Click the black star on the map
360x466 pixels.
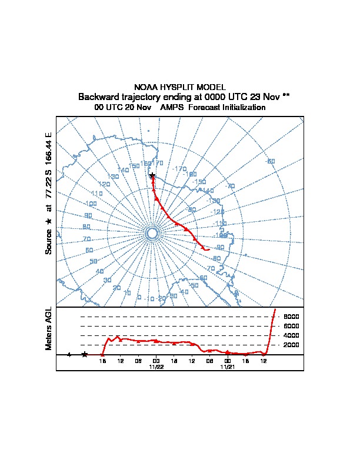[x=152, y=175]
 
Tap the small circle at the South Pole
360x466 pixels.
[x=152, y=234]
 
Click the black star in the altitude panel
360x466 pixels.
[x=85, y=354]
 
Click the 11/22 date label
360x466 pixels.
[x=156, y=367]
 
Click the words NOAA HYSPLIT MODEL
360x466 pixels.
[x=180, y=87]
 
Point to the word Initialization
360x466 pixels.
[x=241, y=108]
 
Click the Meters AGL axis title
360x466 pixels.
[x=49, y=329]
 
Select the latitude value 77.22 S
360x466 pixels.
[x=49, y=188]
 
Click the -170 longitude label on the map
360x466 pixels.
[x=179, y=169]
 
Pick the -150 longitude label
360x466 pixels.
[x=199, y=182]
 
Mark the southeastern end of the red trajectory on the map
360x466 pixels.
[x=209, y=249]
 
